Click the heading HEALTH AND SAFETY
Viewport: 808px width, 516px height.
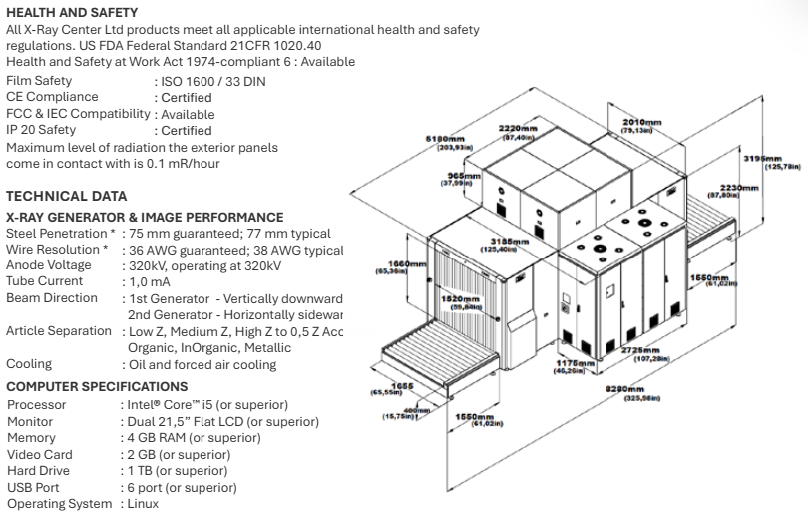pyautogui.click(x=72, y=12)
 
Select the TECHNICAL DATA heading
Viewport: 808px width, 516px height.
pyautogui.click(x=66, y=196)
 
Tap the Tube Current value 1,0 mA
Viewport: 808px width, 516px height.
pyautogui.click(x=148, y=281)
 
